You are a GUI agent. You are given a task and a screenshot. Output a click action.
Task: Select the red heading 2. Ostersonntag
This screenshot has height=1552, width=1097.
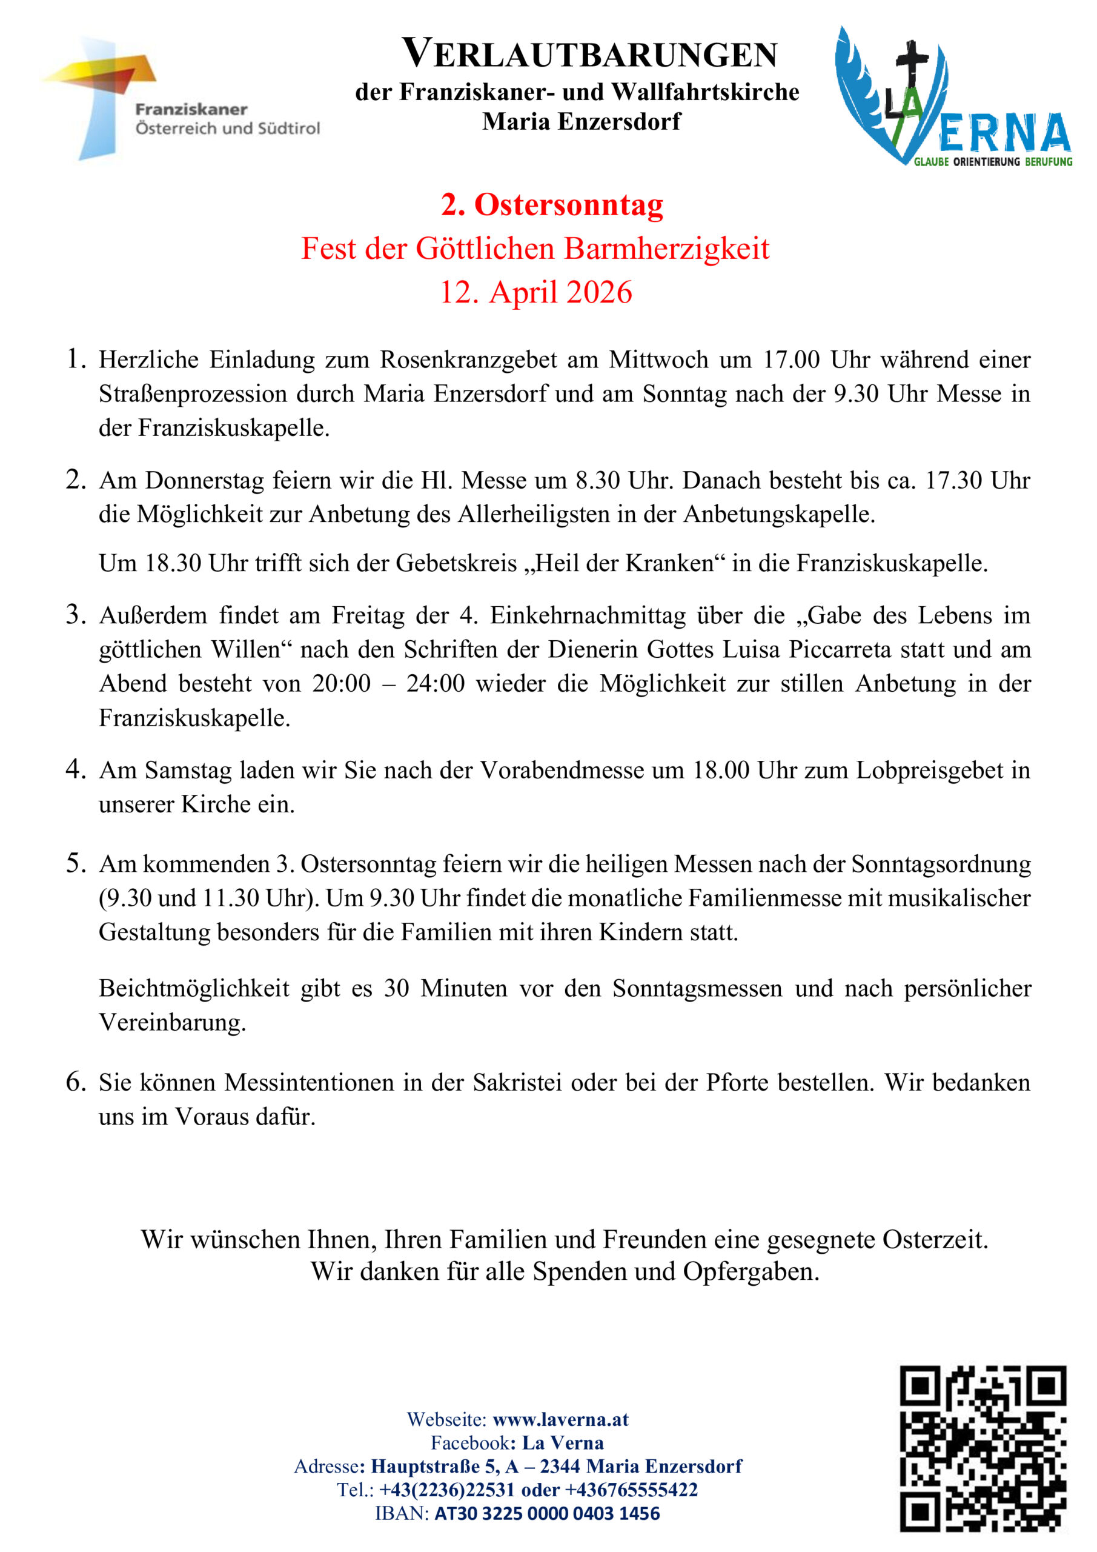(552, 205)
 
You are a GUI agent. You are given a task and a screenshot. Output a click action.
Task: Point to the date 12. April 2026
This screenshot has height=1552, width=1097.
(535, 292)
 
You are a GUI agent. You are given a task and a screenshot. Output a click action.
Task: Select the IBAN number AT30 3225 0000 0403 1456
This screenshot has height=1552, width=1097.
(546, 1513)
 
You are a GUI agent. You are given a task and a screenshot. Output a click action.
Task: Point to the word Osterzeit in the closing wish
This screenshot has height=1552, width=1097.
(935, 1240)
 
